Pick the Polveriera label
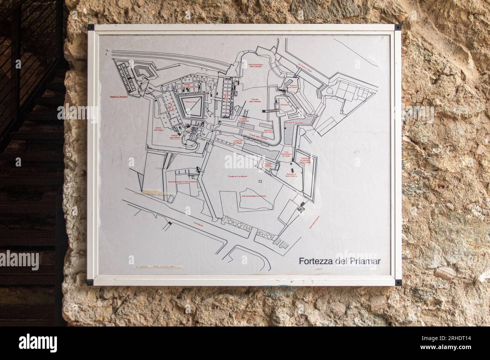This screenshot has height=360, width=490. [284, 105]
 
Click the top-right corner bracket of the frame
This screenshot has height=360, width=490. [397, 27]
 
